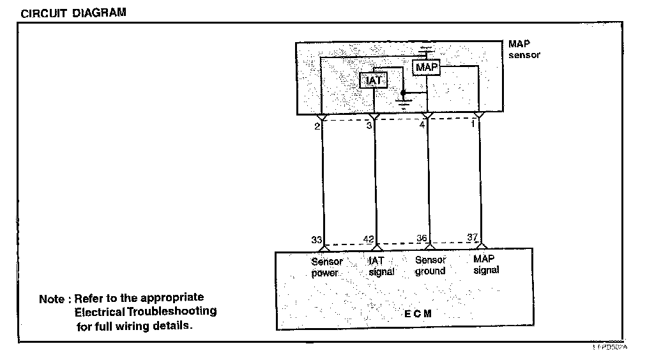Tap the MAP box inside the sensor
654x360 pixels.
click(427, 67)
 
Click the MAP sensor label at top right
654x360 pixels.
click(524, 50)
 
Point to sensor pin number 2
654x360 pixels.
click(317, 127)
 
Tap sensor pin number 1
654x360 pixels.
click(473, 124)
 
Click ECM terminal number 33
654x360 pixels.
click(316, 240)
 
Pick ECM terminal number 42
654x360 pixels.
click(369, 239)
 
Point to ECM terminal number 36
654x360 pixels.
click(422, 239)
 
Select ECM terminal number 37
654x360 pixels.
click(473, 237)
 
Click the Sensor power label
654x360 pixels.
click(326, 267)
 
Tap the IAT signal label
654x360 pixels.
click(381, 266)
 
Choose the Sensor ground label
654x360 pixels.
click(430, 266)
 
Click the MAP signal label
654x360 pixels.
click(486, 264)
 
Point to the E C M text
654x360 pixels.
click(418, 313)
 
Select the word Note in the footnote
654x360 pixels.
click(52, 299)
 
